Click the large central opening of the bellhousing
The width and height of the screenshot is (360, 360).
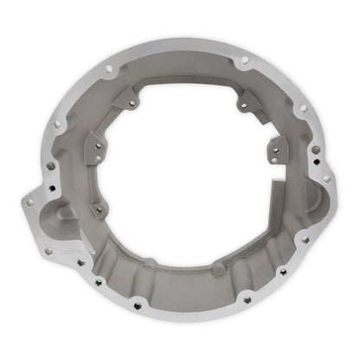186,160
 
